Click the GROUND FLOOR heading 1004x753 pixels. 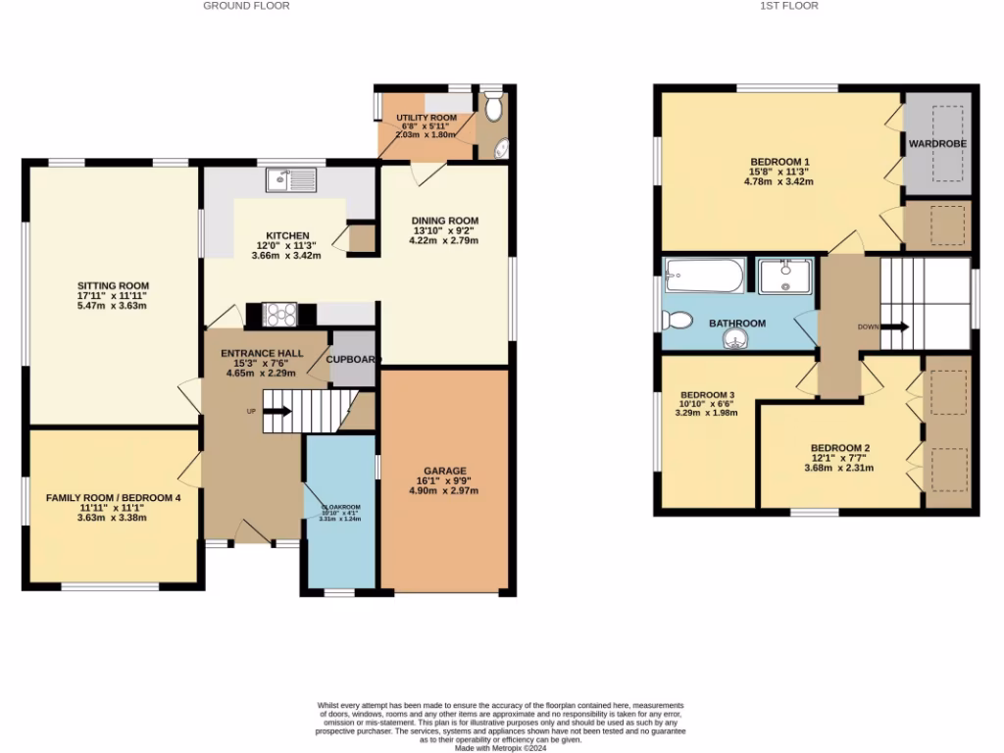[246, 6]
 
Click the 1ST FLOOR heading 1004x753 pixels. [788, 6]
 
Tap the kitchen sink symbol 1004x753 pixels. [290, 179]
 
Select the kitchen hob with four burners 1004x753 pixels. [281, 314]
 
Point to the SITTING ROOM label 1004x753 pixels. [114, 286]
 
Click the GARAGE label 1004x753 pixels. [445, 471]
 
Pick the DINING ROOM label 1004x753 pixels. [445, 221]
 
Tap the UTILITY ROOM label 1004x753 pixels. [427, 118]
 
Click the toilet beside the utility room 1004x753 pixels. [492, 106]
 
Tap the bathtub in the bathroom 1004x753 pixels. [704, 275]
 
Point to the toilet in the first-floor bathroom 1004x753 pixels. [678, 320]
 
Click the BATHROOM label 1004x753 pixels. [737, 323]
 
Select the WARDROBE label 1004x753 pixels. [937, 144]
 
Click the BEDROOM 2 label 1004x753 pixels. [840, 448]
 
